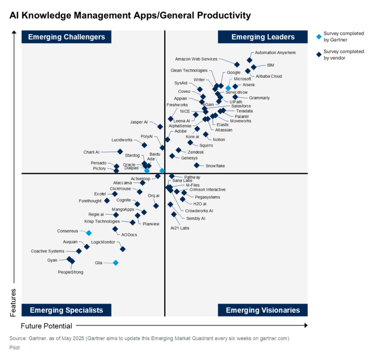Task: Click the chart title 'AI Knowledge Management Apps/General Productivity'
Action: (130, 16)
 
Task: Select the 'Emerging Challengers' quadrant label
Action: (66, 37)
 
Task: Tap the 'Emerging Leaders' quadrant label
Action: (262, 37)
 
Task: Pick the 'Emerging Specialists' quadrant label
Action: (66, 310)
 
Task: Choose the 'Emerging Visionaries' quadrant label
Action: (262, 310)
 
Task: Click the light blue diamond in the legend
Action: (318, 36)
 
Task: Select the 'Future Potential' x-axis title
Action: (46, 326)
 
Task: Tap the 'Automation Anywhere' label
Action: (275, 53)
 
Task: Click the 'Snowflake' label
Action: (215, 166)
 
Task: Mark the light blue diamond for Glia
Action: (115, 263)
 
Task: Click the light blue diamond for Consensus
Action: (89, 233)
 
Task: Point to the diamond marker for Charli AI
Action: (120, 152)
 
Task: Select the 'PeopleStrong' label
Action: (71, 272)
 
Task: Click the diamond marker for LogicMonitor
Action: (123, 249)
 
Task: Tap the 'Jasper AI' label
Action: (139, 122)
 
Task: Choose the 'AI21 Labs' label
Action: (180, 228)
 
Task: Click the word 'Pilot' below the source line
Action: (15, 348)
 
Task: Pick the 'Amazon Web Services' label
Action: (196, 59)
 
